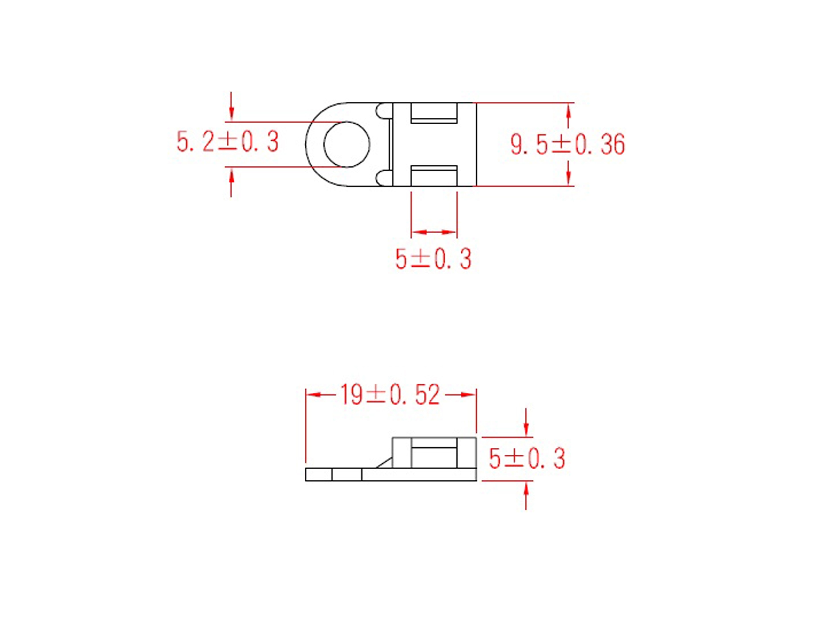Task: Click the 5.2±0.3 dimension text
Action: click(x=227, y=142)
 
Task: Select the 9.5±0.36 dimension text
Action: click(x=568, y=144)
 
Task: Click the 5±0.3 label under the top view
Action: click(x=433, y=259)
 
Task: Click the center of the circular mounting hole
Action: click(x=347, y=144)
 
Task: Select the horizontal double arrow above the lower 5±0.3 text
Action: click(x=434, y=232)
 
